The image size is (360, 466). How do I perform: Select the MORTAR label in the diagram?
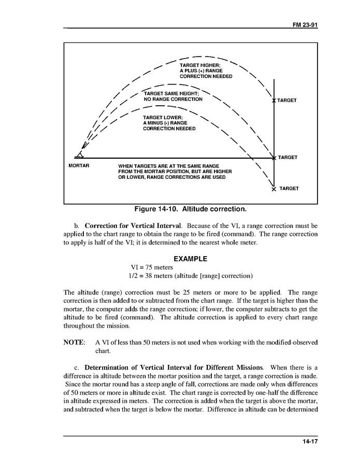click(x=79, y=166)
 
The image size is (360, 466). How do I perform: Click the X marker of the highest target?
click(x=273, y=100)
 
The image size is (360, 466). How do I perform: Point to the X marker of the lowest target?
click(x=273, y=189)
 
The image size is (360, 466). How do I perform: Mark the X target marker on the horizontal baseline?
click(x=273, y=158)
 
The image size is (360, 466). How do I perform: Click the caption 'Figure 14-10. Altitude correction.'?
click(x=190, y=209)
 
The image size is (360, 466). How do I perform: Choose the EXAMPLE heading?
click(x=190, y=259)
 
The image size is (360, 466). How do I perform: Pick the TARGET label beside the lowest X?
click(x=289, y=189)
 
